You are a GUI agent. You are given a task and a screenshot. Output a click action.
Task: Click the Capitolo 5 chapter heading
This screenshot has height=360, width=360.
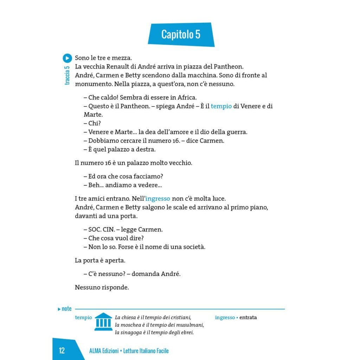[181, 34]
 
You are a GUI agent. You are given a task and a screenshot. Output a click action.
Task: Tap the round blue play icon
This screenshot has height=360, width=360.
[67, 58]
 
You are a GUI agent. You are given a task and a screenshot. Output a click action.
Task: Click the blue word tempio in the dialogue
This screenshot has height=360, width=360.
[221, 106]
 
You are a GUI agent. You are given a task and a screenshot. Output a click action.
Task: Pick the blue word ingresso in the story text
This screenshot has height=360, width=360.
[158, 199]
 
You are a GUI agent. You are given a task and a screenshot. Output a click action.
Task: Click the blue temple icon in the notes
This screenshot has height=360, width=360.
[103, 322]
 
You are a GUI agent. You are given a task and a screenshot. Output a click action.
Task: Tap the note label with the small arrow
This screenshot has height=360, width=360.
[65, 309]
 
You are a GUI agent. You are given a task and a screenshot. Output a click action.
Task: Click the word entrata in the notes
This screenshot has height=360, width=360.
[248, 317]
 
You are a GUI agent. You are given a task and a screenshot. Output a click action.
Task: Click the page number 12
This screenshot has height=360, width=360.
[62, 351]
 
